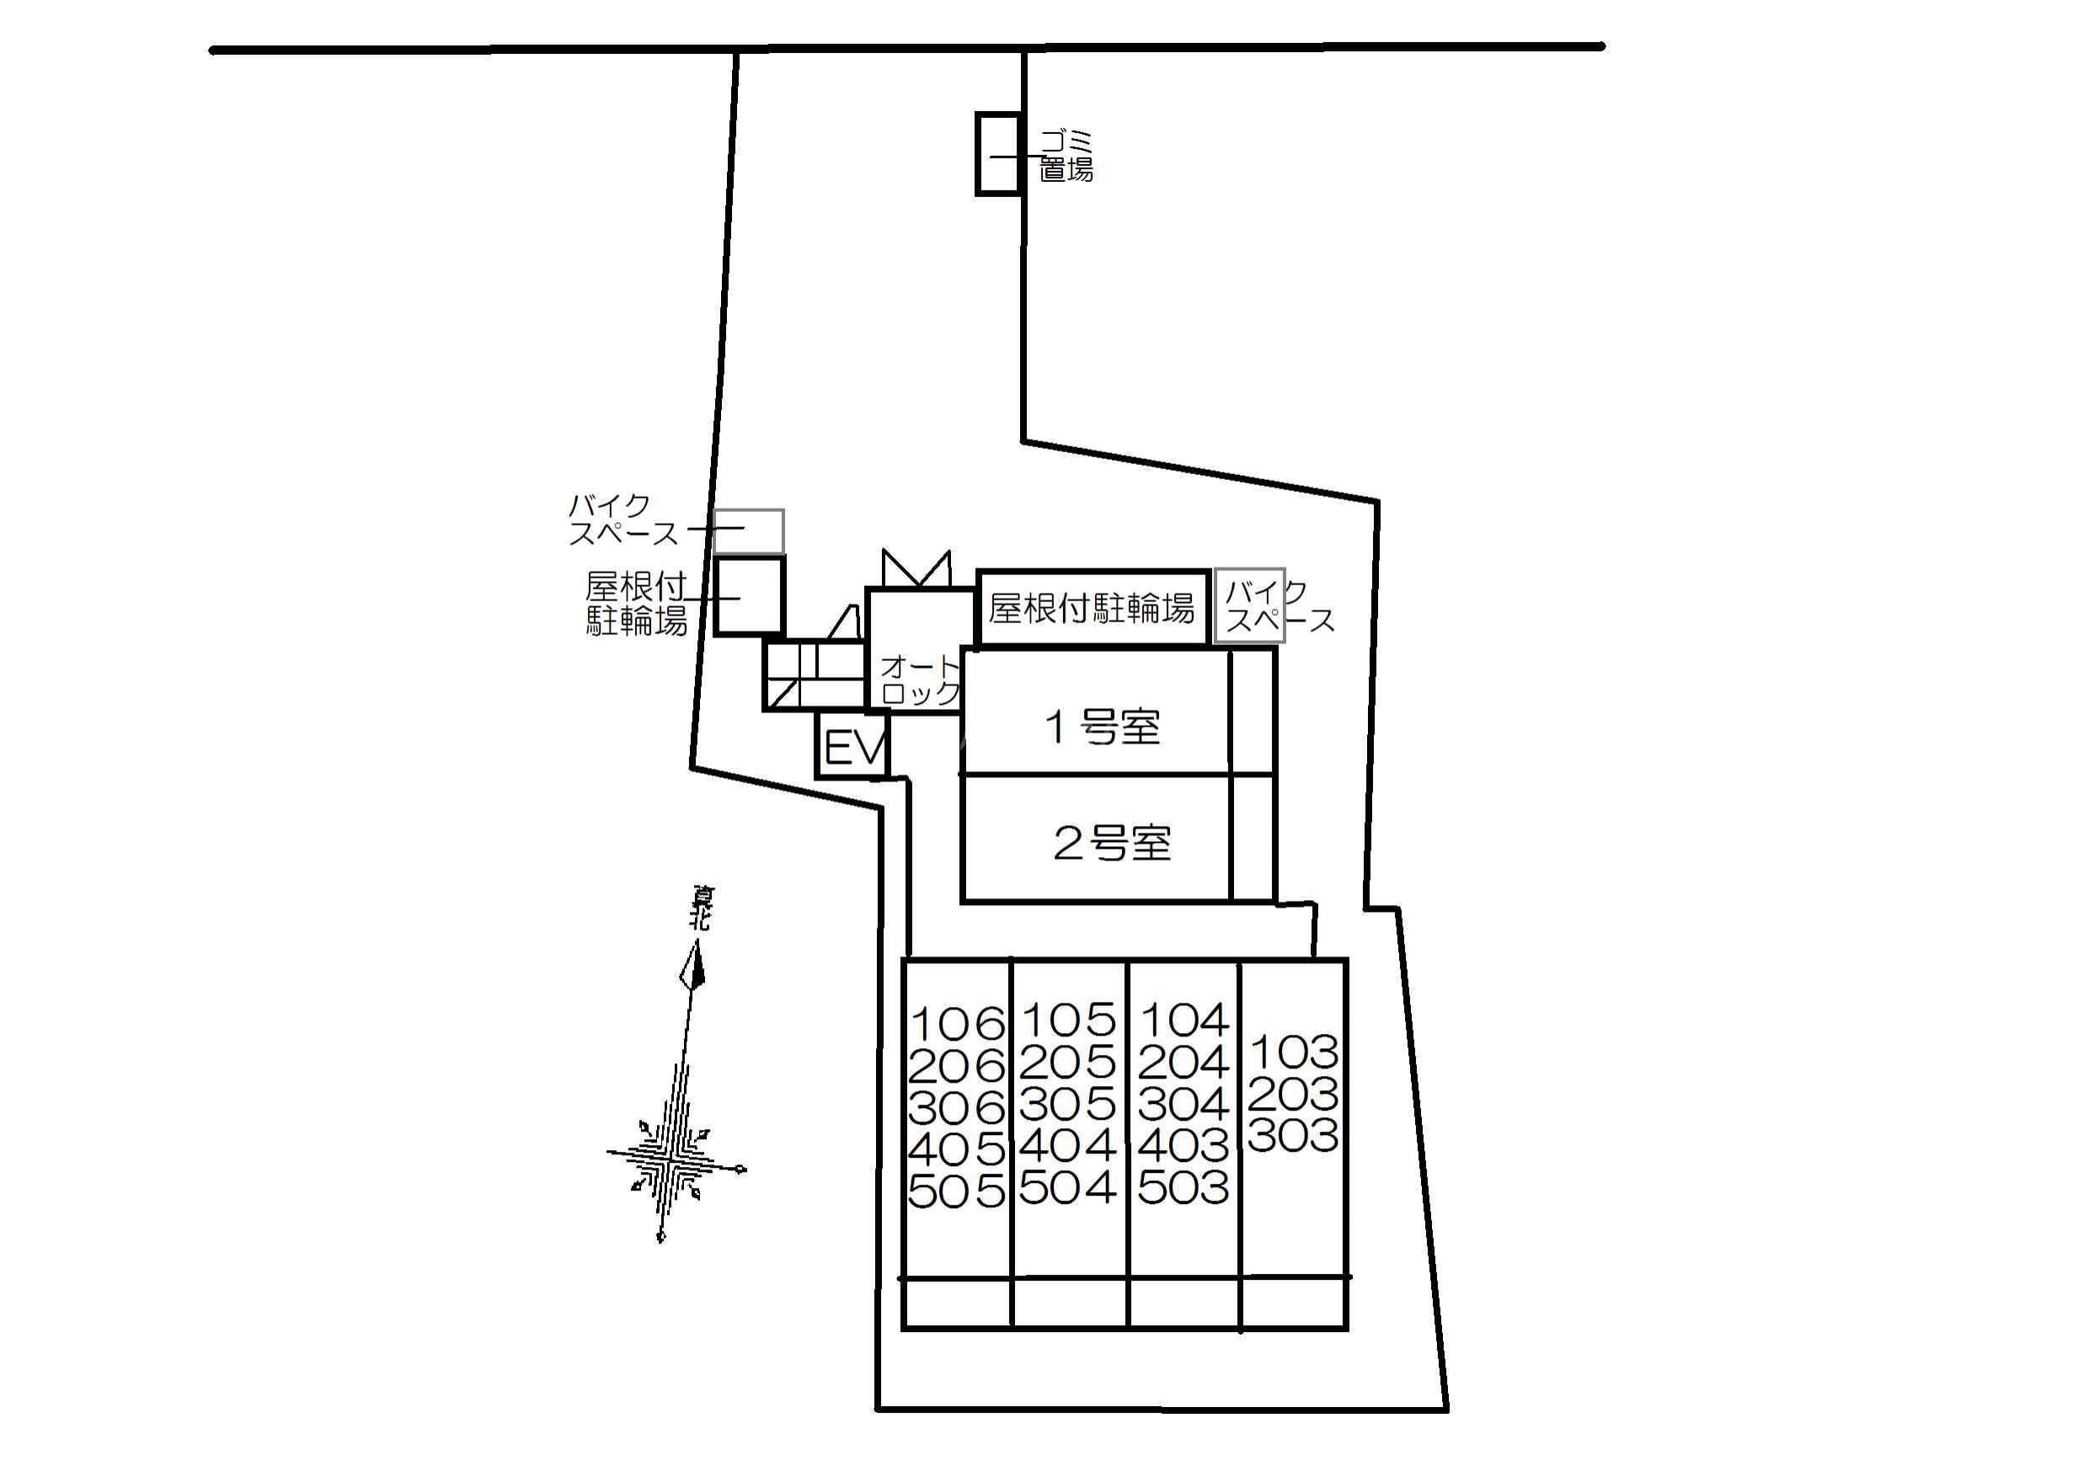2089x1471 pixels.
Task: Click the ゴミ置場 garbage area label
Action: [1066, 156]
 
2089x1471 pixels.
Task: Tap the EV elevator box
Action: [852, 748]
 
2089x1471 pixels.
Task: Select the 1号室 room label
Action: [1102, 727]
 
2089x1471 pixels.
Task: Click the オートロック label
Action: [920, 680]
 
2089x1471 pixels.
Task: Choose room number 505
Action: [956, 1191]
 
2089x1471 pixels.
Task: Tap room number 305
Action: [1067, 1105]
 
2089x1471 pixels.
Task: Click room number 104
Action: [1183, 1021]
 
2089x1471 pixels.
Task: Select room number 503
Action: [1183, 1187]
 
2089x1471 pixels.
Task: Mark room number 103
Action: [1293, 1053]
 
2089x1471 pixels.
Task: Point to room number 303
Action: [1293, 1135]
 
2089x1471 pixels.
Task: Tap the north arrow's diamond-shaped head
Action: [694, 966]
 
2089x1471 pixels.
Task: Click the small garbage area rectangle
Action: [998, 154]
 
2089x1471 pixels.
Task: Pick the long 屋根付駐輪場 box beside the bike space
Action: [1092, 608]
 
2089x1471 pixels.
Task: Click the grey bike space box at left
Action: [748, 531]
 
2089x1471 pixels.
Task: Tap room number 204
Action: [1183, 1063]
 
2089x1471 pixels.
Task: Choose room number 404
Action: [1067, 1145]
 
